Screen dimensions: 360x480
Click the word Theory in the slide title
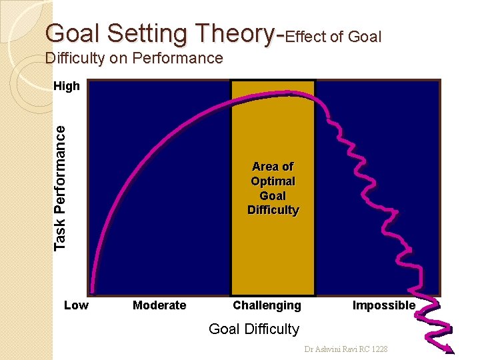click(233, 33)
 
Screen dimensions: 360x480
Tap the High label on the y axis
click(66, 86)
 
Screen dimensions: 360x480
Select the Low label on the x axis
click(76, 305)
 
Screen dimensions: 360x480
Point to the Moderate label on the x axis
click(159, 305)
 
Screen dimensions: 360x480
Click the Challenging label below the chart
click(267, 305)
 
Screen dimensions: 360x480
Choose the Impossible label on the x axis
click(383, 305)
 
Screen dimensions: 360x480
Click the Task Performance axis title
click(61, 188)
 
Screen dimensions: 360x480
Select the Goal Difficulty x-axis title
click(254, 329)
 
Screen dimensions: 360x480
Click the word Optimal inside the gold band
click(273, 181)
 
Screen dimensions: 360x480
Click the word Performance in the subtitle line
click(177, 59)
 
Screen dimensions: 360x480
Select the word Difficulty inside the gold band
click(273, 211)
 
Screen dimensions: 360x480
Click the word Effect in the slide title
click(307, 37)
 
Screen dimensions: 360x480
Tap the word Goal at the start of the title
click(71, 33)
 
